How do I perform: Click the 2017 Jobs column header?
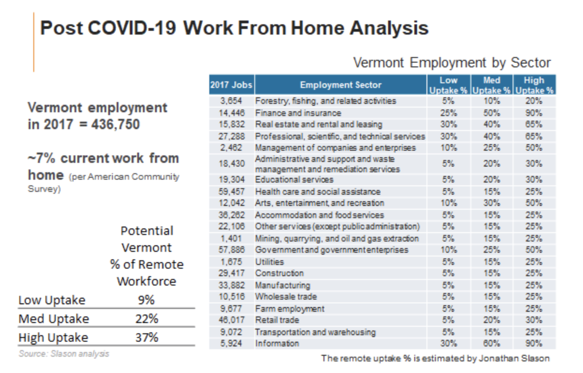coord(231,85)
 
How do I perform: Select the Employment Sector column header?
coord(340,85)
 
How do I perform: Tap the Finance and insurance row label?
coord(298,113)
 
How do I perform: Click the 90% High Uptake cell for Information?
coord(534,344)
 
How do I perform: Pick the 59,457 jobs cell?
coord(231,191)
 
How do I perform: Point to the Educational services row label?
coord(294,180)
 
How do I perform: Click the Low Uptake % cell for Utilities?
coord(448,262)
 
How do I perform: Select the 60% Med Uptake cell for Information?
coord(491,344)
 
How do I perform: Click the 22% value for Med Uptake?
coord(147,319)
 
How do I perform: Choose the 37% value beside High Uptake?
coord(147,337)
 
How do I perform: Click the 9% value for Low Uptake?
coord(146,300)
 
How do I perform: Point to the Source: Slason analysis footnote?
coord(64,353)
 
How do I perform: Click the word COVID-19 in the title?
coord(132,28)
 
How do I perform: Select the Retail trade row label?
coord(277,320)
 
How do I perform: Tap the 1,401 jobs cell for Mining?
coord(231,238)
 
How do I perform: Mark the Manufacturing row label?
coord(282,285)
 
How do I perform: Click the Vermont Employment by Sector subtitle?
coord(452,63)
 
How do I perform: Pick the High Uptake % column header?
coord(534,85)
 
